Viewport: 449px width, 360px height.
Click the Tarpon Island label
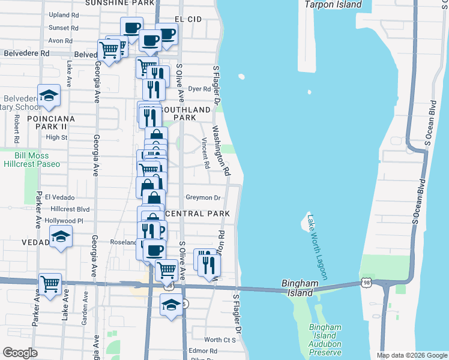tap(333, 5)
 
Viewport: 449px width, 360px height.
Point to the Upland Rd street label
tap(64, 14)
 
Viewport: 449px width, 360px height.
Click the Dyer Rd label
tap(196, 89)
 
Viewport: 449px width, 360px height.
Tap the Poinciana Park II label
tap(51, 123)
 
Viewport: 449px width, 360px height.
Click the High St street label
tap(56, 137)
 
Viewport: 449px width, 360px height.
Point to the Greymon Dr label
tap(203, 197)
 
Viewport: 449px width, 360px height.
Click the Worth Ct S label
tap(220, 340)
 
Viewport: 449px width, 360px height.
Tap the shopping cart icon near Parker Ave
tap(50, 284)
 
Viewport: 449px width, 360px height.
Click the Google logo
tap(20, 353)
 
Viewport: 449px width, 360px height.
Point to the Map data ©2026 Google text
tap(411, 355)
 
